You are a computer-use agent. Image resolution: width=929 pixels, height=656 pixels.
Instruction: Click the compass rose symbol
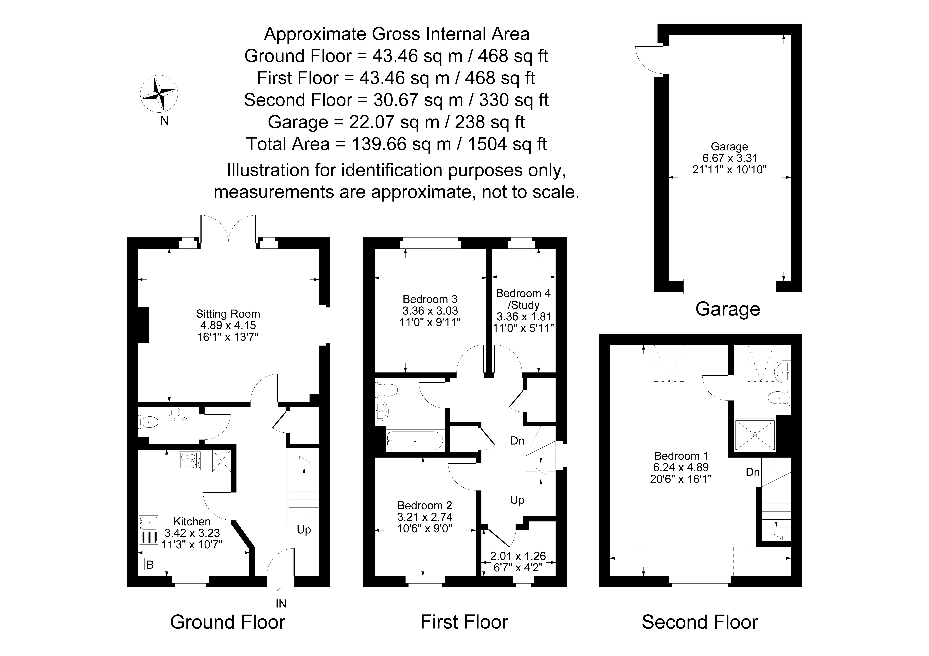tap(159, 94)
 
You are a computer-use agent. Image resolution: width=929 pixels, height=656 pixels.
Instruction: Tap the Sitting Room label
tap(228, 314)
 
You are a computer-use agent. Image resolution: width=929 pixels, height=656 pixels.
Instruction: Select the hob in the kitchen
tap(190, 461)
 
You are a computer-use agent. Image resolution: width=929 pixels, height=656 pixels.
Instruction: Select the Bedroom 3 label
tap(430, 299)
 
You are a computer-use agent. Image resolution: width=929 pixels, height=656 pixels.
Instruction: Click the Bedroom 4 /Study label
tap(524, 299)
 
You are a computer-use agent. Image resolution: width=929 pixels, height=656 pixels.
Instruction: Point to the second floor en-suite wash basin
tap(783, 371)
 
